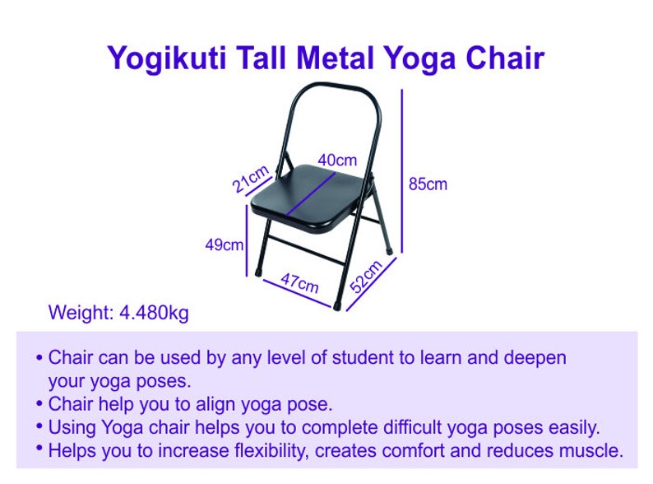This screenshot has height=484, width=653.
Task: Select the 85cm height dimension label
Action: pos(428,184)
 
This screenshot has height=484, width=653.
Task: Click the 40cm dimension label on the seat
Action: pos(337,161)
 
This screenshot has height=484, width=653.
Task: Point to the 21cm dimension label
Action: pos(250,179)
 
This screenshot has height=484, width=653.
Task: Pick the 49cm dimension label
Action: pos(225,244)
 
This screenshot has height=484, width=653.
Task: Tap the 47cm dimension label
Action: pos(299,283)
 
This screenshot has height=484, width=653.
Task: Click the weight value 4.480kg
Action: pos(154,314)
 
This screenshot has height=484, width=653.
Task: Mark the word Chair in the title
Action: pos(505,58)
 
